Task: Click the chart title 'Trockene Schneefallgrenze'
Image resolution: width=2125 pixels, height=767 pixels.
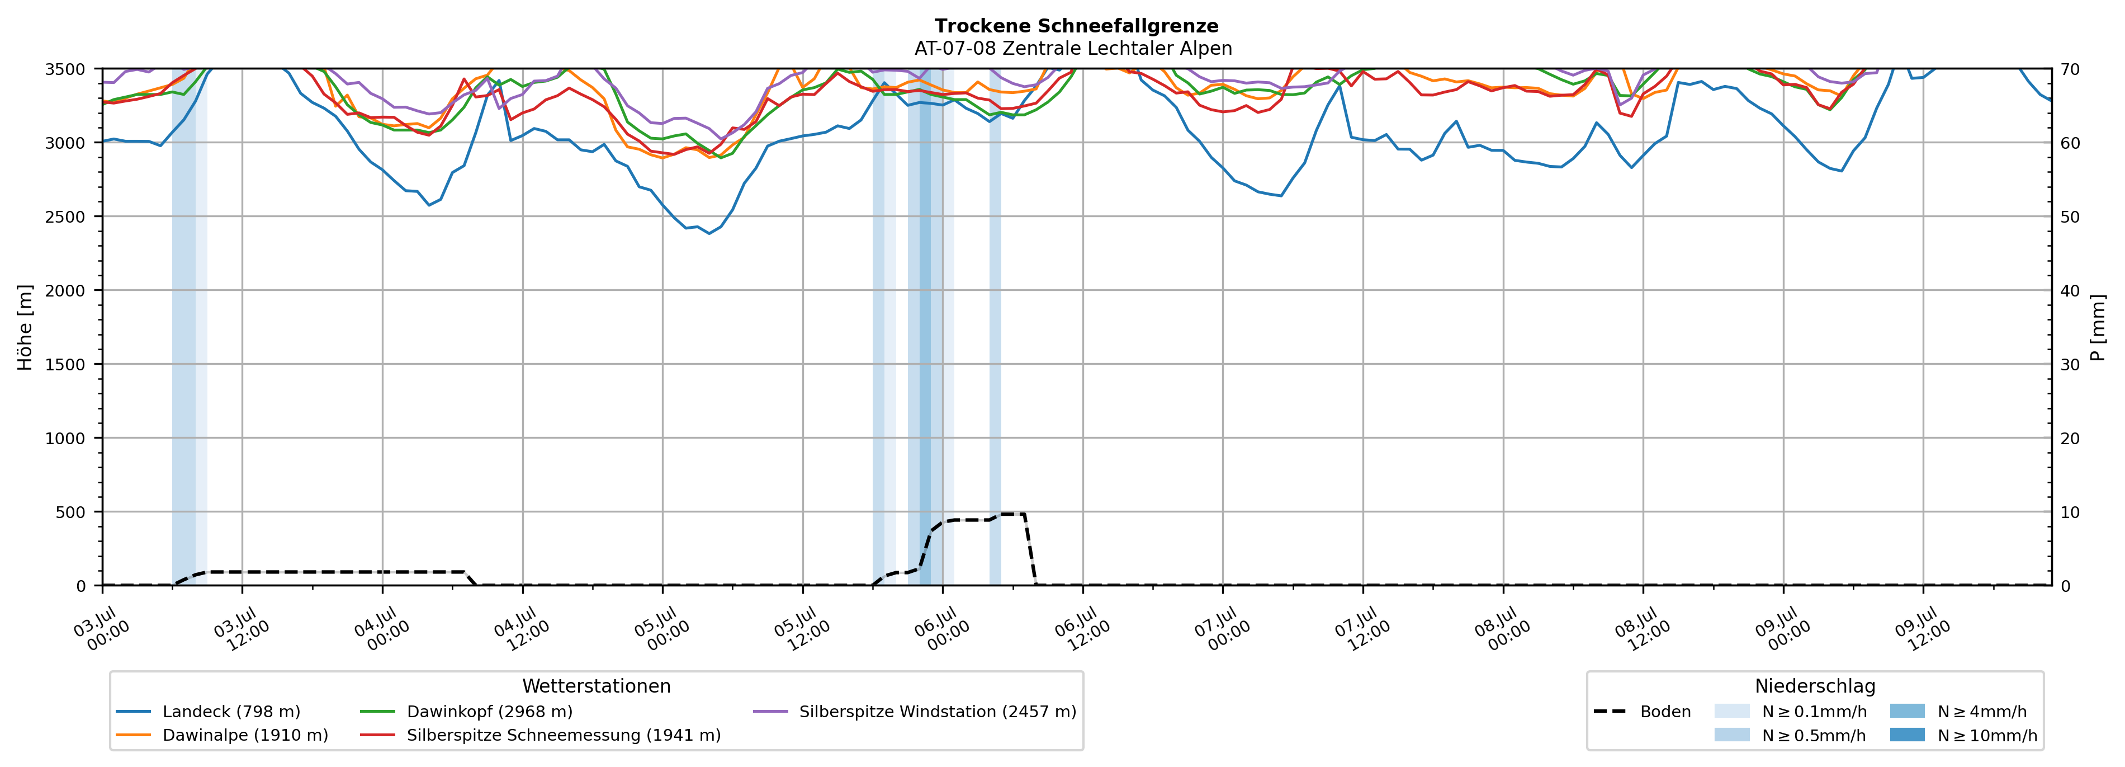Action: click(x=1077, y=26)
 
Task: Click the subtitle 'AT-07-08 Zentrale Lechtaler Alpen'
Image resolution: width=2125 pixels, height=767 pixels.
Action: click(x=1073, y=49)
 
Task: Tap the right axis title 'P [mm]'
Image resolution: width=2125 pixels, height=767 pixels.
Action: click(x=2098, y=327)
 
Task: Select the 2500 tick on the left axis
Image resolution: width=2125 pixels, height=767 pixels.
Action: click(x=65, y=217)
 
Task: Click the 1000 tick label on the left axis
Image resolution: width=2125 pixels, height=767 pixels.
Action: click(x=65, y=439)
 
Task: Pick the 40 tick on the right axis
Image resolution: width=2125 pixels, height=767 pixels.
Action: click(x=2070, y=290)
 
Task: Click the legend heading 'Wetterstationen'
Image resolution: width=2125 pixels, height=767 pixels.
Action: click(x=597, y=686)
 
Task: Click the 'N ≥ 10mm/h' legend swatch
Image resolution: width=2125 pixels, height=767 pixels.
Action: click(x=1907, y=735)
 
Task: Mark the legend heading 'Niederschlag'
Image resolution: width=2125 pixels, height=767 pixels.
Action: click(x=1815, y=686)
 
